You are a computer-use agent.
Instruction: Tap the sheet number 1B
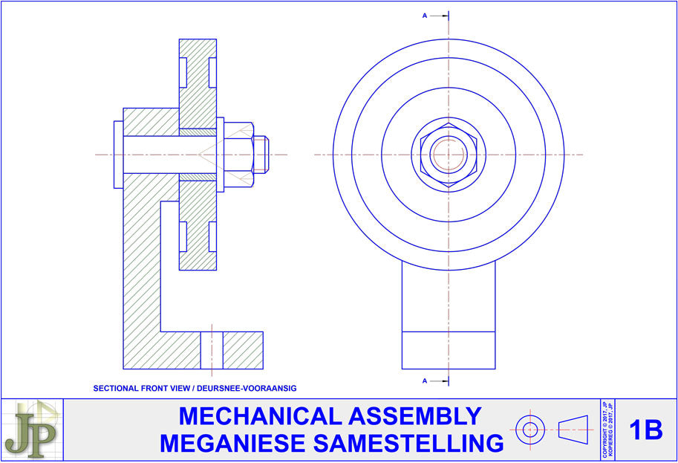(645, 430)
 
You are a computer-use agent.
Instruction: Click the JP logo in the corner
(31, 430)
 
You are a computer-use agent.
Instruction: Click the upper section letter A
(424, 14)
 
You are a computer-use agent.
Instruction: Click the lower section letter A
(424, 381)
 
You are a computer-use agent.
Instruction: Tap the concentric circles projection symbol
(530, 430)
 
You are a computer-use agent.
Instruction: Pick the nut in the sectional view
(238, 154)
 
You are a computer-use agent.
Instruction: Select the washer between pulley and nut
(220, 154)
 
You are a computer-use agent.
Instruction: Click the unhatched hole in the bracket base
(212, 350)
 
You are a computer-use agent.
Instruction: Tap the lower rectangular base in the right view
(449, 349)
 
